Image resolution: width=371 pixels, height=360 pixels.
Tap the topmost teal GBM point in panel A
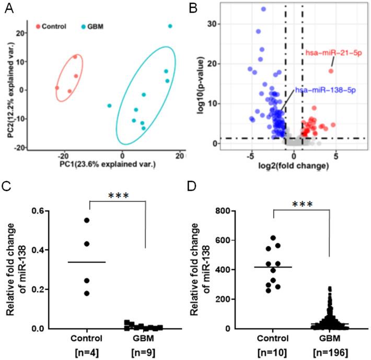coord(170,26)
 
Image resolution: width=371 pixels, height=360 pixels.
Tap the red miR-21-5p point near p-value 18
coord(331,71)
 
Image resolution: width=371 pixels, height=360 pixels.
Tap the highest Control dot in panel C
coord(87,220)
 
